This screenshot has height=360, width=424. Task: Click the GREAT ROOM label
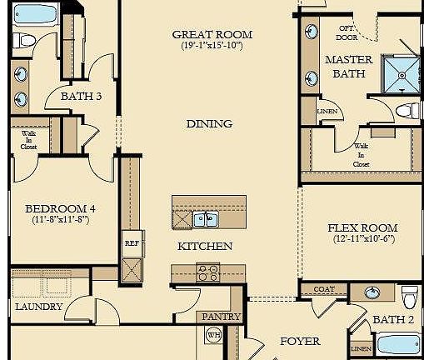coord(212,35)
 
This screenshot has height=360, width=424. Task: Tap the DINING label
coord(209,124)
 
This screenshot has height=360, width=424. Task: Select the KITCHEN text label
coord(205,247)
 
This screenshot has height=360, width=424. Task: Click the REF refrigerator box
coord(132,243)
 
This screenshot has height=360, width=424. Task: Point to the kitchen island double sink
coord(206,219)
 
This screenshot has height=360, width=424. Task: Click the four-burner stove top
coord(208,273)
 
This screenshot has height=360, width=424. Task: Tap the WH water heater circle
coord(213,335)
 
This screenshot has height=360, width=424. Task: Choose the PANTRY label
coord(221,317)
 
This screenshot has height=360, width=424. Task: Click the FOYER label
coord(300,342)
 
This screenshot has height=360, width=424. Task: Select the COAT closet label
coord(324,289)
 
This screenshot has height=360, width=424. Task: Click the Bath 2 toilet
coord(410,297)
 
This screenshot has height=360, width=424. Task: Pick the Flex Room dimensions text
coord(364,238)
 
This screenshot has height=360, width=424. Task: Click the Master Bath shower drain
coord(402,75)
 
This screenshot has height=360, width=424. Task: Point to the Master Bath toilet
coord(407,111)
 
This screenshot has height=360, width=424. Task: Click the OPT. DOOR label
coord(347,32)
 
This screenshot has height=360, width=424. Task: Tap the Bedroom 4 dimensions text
coord(61,220)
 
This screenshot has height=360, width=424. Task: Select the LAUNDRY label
coord(39,307)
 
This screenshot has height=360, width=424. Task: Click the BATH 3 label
coord(81,97)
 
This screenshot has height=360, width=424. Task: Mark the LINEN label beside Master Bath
coord(327,112)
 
